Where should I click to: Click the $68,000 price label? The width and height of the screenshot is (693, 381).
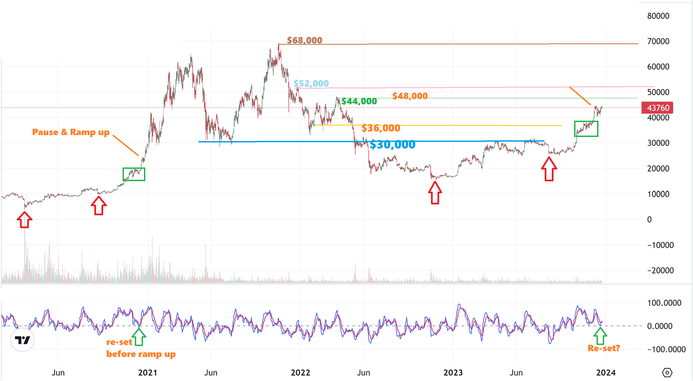click(x=304, y=40)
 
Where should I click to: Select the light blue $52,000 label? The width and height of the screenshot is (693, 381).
click(x=311, y=83)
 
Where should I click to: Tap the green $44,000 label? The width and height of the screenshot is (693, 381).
click(x=359, y=101)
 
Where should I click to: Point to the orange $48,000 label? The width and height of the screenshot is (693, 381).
click(x=410, y=96)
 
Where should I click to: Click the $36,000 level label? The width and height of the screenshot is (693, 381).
click(x=381, y=128)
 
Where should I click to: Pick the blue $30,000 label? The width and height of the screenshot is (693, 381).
click(x=392, y=145)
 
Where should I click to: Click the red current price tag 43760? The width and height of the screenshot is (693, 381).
click(x=657, y=108)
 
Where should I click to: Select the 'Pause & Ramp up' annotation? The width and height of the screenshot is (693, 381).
click(x=71, y=132)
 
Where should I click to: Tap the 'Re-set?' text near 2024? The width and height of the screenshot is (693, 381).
click(x=604, y=348)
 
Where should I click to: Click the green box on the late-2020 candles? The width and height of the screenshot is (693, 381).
click(x=134, y=174)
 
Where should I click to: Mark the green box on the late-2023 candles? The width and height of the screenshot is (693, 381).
click(x=586, y=129)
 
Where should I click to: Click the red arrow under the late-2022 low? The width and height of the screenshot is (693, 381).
click(x=435, y=193)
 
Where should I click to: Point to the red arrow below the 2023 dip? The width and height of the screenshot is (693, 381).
click(x=549, y=169)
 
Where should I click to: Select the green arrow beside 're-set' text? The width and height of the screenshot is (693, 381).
click(x=139, y=337)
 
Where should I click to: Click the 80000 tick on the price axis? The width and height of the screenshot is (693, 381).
click(x=658, y=16)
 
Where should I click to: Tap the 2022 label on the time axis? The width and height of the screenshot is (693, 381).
click(x=300, y=373)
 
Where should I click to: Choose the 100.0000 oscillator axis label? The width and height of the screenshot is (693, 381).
click(x=664, y=303)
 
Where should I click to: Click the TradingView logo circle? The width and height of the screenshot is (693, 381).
click(x=22, y=340)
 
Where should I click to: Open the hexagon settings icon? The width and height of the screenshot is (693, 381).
click(x=667, y=373)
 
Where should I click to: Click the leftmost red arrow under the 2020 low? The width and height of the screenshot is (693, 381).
click(x=24, y=220)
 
